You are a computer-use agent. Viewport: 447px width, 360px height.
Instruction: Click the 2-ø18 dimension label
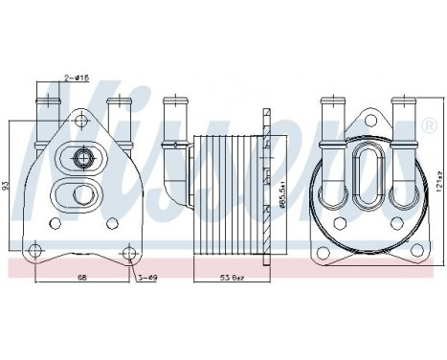pyautogui.click(x=76, y=76)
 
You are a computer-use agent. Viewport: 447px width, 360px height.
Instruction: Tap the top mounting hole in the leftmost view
pyautogui.click(x=81, y=124)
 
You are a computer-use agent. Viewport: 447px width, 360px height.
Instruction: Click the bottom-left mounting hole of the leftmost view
pyautogui.click(x=34, y=251)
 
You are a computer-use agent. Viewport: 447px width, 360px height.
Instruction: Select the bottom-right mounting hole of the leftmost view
pyautogui.click(x=129, y=251)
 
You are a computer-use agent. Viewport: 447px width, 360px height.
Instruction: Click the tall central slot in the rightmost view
pyautogui.click(x=369, y=176)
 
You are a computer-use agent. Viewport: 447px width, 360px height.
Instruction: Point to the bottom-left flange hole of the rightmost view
pyautogui.click(x=324, y=251)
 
